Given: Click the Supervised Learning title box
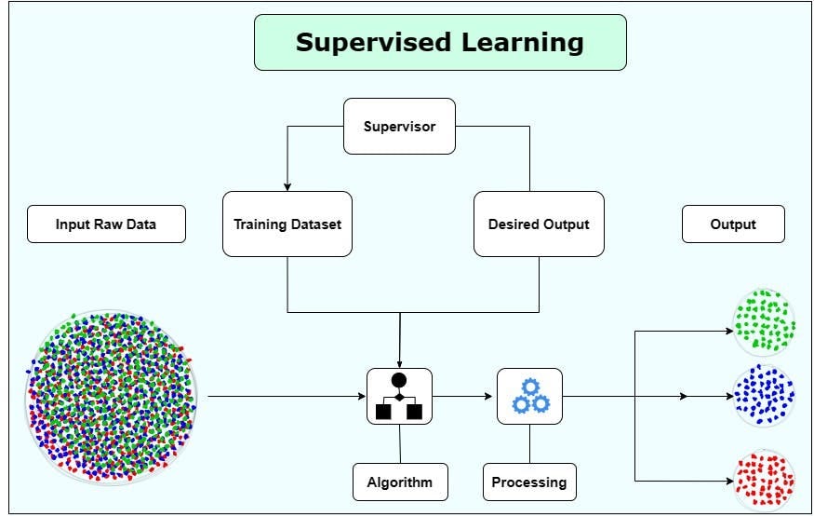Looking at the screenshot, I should (440, 42).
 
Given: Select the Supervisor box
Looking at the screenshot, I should (399, 126).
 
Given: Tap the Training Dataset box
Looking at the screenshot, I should (287, 224).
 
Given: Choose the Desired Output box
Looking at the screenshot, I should (539, 224).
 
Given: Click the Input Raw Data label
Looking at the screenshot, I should (106, 224).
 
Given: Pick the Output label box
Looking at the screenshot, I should (733, 224).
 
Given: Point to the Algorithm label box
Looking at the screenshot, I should (400, 482).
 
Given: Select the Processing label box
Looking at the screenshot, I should (529, 482).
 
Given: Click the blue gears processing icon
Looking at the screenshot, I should (529, 396).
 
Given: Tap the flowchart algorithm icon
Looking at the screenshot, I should (399, 396).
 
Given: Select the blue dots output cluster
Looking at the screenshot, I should (765, 395).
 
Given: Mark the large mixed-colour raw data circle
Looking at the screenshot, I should (112, 397).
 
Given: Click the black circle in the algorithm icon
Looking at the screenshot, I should (399, 380).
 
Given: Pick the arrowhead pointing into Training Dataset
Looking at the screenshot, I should (287, 186).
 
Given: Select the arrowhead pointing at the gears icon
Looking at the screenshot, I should (491, 396).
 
